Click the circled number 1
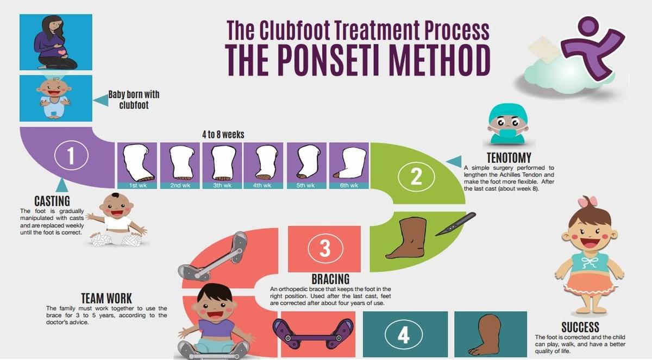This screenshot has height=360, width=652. (71, 156)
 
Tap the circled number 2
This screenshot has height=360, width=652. (416, 177)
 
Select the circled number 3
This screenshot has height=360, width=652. (324, 248)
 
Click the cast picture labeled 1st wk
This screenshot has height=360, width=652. (137, 163)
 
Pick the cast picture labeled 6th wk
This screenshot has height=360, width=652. (349, 163)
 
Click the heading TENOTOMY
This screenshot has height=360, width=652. (509, 159)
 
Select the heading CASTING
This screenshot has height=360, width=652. (52, 201)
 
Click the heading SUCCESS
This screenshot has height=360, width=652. (580, 327)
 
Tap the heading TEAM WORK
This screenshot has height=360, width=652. (106, 298)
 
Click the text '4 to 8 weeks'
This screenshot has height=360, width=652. (223, 134)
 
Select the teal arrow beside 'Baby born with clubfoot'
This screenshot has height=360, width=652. (101, 100)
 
